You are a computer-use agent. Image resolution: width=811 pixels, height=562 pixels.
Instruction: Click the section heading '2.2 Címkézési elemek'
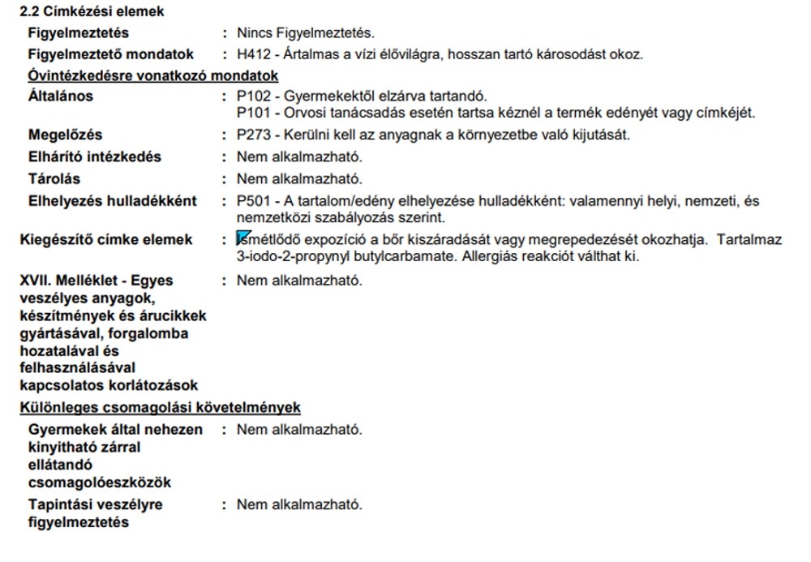coord(92,12)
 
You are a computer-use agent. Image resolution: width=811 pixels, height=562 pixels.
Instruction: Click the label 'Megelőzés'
coord(66,135)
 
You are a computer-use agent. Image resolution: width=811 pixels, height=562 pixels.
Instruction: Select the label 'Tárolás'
coord(54,178)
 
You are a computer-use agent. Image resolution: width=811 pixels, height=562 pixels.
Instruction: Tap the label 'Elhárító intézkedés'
coord(95,157)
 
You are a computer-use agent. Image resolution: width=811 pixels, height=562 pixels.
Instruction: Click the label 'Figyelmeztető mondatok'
coord(111,55)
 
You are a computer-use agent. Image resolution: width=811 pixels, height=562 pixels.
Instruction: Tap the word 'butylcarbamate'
coord(385,257)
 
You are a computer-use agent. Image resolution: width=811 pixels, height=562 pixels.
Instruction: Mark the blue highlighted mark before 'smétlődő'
coord(242,238)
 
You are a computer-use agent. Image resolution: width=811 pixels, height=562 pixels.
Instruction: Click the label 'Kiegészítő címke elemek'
coord(105,240)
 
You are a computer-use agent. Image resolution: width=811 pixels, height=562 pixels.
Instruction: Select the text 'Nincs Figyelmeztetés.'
coord(306,33)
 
